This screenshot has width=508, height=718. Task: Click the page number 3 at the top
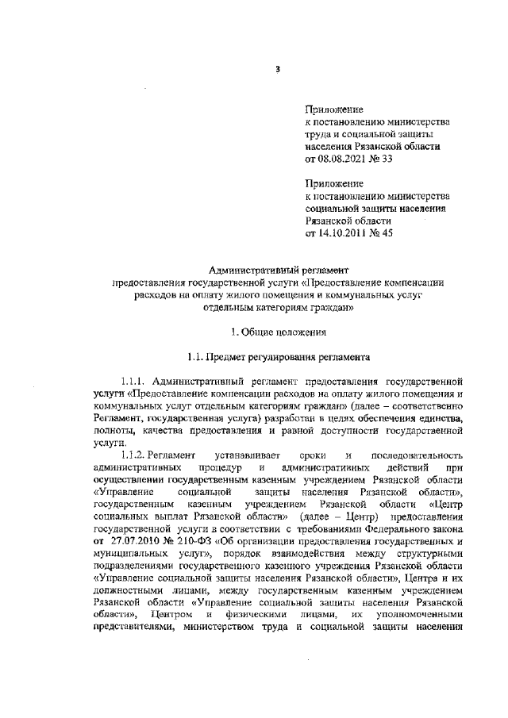(279, 69)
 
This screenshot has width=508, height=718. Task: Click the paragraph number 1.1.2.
(133, 455)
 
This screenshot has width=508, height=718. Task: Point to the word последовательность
(418, 455)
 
